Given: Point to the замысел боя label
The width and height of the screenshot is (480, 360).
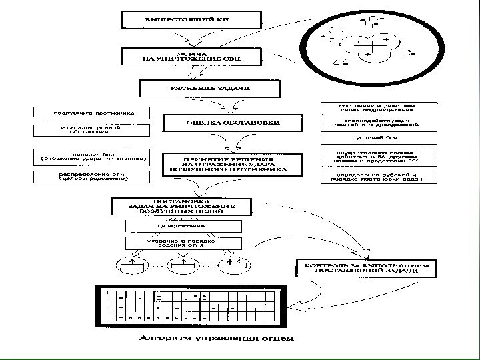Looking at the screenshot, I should [93, 156].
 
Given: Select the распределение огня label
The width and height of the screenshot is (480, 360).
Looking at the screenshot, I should [93, 177].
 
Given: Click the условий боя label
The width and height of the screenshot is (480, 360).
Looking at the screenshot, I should [379, 139].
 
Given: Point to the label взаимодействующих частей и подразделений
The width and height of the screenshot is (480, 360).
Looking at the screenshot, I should [379, 122].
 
